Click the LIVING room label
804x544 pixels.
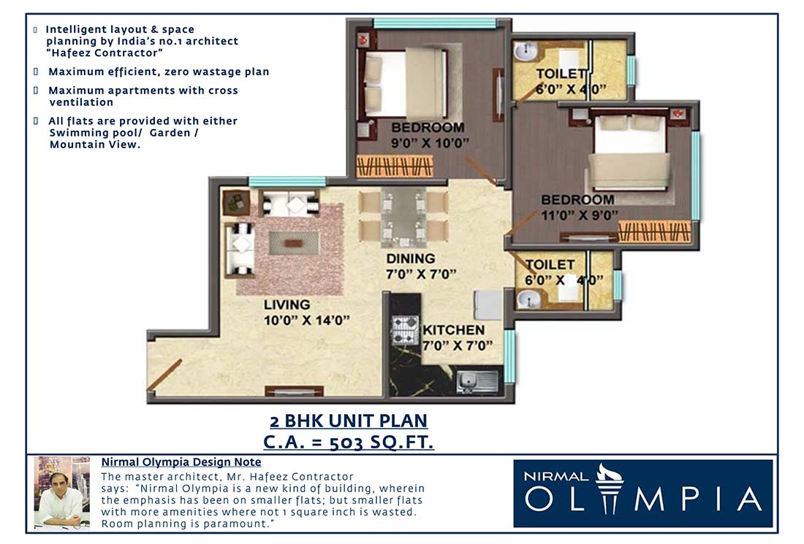point(287,304)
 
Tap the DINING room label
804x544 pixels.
point(411,258)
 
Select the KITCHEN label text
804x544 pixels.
point(453,330)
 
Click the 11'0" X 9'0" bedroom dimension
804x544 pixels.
point(580,215)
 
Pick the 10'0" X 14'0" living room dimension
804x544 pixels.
point(307,320)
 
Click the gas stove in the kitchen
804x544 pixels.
point(404,330)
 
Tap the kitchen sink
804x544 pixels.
point(476,380)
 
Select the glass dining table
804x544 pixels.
point(403,217)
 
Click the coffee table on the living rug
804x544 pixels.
point(294,242)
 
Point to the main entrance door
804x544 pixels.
point(164,375)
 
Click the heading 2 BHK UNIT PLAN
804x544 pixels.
point(348,421)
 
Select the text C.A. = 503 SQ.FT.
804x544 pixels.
point(349,441)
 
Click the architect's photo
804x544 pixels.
point(61,491)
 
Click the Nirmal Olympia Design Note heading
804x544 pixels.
point(181,462)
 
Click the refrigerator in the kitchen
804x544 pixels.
point(487,304)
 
